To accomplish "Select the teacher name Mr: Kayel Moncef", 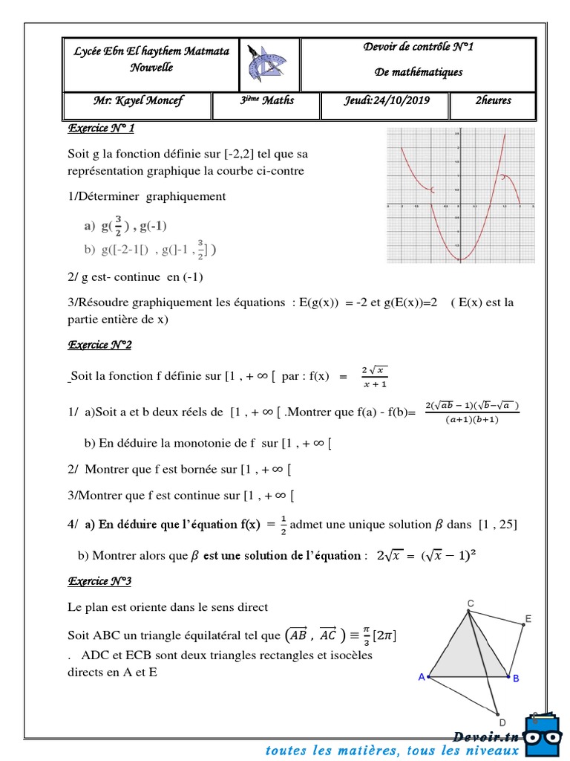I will pos(138,101).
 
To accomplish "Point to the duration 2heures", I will pos(493,100).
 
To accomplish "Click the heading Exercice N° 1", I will pos(101,129).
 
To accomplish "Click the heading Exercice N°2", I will pos(100,345).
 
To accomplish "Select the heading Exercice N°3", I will pos(100,580).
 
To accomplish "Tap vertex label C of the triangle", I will pos(471,603).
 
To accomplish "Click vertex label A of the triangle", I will pos(422,676).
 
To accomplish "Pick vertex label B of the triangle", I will pos(516,678).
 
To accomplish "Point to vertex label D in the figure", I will pos(502,722).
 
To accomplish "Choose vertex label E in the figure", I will pos(528,618).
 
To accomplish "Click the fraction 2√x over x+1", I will pos(374,377).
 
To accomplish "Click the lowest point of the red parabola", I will pos(460,259).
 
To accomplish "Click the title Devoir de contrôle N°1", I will pos(419,48).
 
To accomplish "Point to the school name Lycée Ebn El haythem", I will pos(151,51).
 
